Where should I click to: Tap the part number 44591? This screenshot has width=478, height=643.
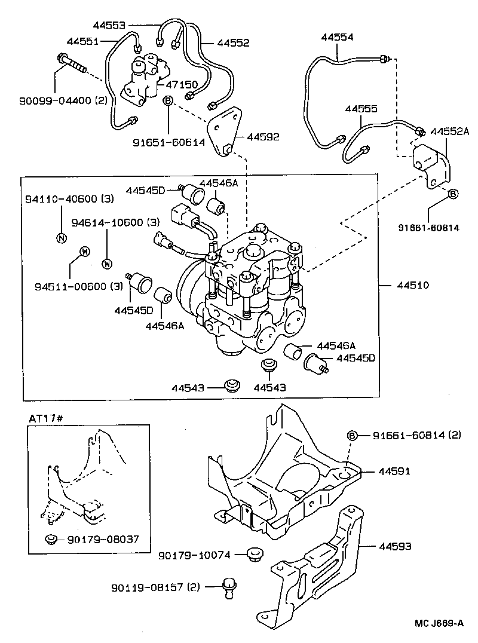click(394, 471)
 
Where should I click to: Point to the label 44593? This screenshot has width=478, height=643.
click(394, 546)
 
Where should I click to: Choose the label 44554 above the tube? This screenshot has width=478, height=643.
click(337, 37)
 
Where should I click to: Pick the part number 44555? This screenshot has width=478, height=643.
click(361, 109)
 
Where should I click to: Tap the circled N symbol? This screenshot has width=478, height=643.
click(60, 237)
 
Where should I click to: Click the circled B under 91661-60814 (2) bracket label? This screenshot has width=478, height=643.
click(353, 436)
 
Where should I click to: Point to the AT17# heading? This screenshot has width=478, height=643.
click(46, 418)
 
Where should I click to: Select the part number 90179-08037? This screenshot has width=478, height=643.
click(104, 539)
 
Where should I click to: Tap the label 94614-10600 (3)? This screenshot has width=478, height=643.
click(115, 222)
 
